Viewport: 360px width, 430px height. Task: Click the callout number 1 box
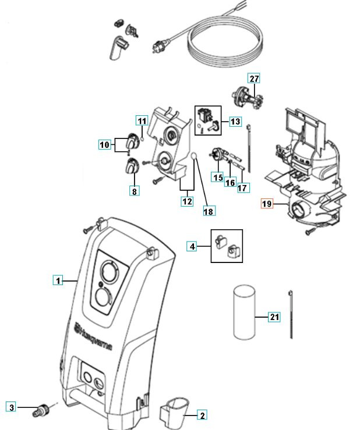[x=58, y=281]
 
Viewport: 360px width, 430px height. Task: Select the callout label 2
[x=202, y=415]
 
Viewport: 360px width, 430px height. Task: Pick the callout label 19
[x=267, y=204]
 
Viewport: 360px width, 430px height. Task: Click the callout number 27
[x=253, y=79]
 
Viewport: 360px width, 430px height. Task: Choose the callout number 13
[x=235, y=122]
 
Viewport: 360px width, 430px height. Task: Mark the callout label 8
[x=134, y=190]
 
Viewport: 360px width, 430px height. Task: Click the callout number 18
[x=208, y=212]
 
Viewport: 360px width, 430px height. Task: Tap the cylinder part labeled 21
[x=244, y=311]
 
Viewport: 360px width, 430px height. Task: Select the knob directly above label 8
[x=132, y=166]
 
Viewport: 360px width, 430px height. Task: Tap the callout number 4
[x=193, y=246]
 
